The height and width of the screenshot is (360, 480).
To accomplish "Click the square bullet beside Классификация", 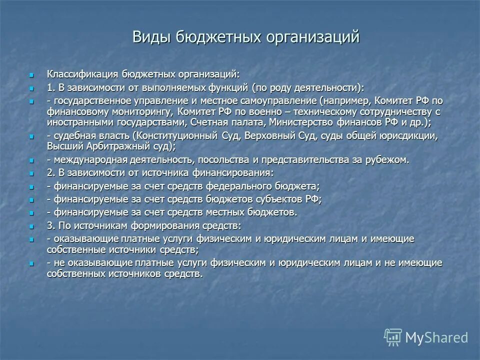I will pyautogui.click(x=31, y=74).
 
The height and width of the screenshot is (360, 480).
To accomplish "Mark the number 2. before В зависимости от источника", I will pyautogui.click(x=51, y=173).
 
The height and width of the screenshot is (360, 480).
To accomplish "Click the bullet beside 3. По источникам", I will pyautogui.click(x=31, y=226).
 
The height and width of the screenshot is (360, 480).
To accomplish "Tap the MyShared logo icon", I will pyautogui.click(x=392, y=337).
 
